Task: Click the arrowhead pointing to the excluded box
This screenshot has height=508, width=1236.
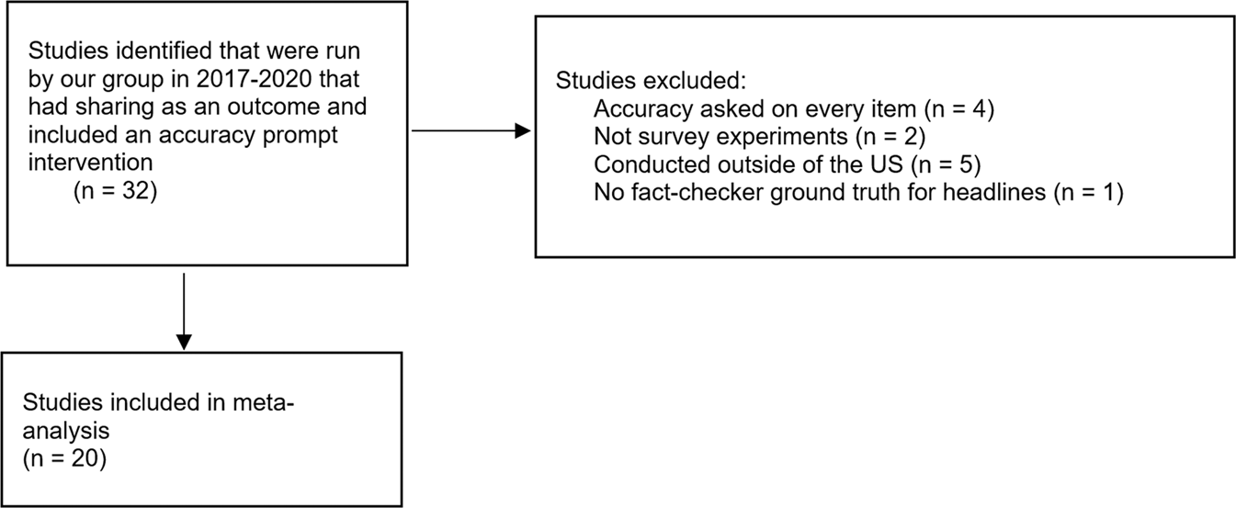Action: click(x=523, y=131)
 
